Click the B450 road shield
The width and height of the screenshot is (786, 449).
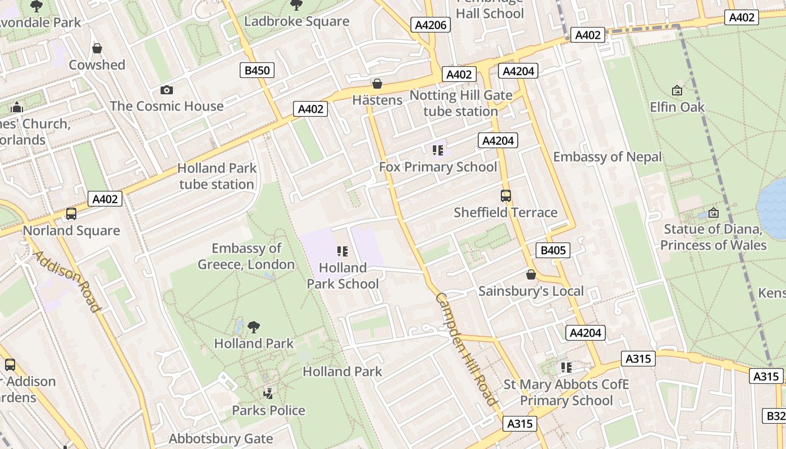tap(258, 70)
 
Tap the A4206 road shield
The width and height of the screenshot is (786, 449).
tap(431, 25)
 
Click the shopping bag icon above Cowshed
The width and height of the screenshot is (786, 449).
tap(97, 48)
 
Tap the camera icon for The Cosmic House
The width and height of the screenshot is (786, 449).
tap(167, 90)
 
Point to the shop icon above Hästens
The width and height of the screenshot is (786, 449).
tap(377, 84)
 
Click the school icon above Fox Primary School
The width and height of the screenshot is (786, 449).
tap(438, 150)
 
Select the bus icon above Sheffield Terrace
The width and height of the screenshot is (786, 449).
tap(505, 196)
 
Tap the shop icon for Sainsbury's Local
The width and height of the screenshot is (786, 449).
tap(531, 274)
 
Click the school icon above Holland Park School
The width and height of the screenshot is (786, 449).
tap(342, 251)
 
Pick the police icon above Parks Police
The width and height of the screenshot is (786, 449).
tap(268, 393)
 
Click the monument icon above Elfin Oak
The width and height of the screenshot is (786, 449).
tap(677, 90)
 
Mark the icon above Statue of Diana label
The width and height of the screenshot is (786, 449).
tap(713, 213)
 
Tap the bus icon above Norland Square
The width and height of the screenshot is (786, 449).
tap(71, 214)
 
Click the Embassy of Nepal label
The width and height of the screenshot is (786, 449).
tap(607, 157)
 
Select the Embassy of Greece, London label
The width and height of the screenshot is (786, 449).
tap(246, 256)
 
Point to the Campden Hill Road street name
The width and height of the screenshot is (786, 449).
tap(465, 349)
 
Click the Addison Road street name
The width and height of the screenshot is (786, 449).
tap(67, 281)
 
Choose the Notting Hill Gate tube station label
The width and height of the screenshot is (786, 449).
tap(461, 103)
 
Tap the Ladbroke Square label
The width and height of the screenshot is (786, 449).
tap(296, 21)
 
